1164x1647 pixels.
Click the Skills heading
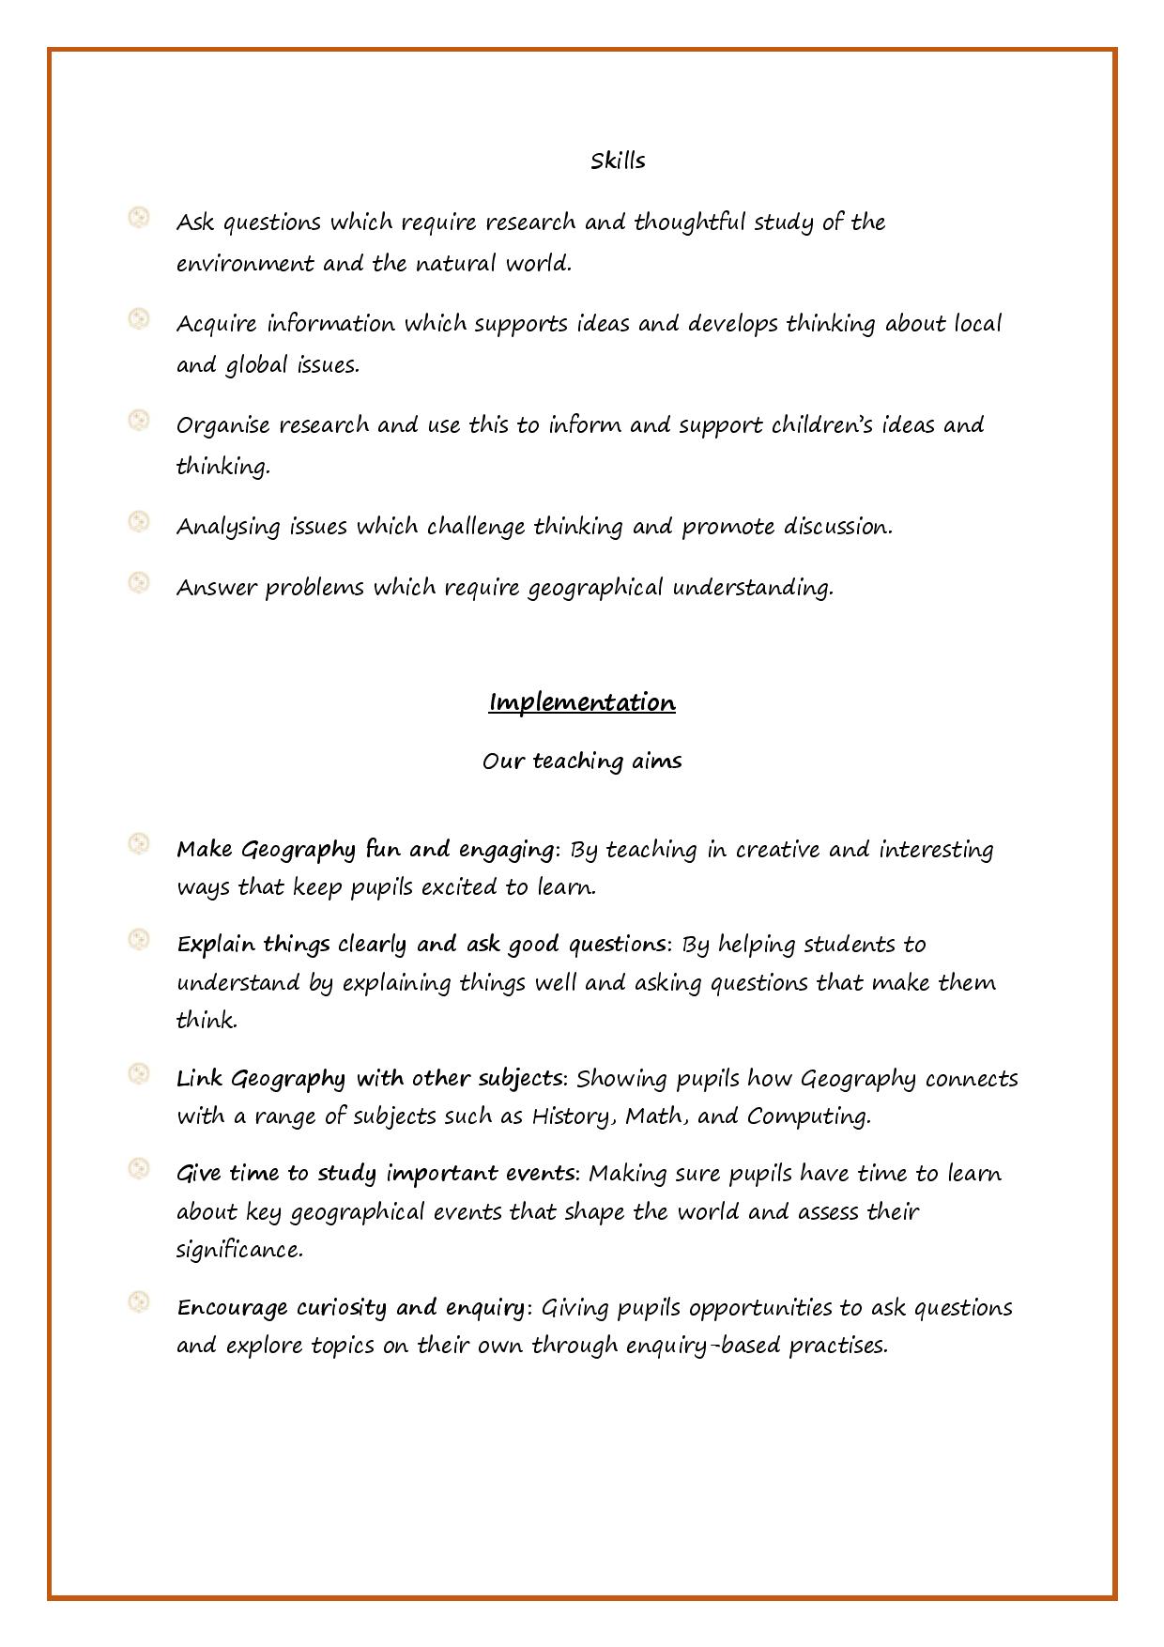(618, 162)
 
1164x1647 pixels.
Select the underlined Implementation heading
(582, 702)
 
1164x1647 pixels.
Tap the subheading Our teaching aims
(582, 761)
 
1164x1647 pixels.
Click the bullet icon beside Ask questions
(139, 218)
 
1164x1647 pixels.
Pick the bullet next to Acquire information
(139, 319)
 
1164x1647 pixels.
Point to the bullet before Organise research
(139, 421)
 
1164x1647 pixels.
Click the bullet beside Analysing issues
(139, 522)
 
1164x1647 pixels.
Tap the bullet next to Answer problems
(139, 583)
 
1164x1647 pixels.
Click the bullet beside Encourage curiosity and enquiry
(139, 1302)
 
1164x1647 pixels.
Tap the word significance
(239, 1250)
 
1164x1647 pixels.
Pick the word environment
(245, 264)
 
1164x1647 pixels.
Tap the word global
(256, 365)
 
